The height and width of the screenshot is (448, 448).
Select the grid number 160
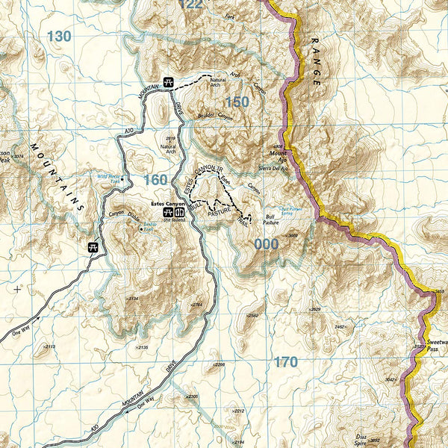(155, 180)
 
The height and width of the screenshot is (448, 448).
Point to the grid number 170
(285, 362)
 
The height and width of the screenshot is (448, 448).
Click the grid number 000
(266, 243)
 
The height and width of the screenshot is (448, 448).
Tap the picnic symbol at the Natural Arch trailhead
(169, 83)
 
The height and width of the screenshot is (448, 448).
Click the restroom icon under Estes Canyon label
(179, 211)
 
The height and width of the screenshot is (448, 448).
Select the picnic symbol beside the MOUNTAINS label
(93, 247)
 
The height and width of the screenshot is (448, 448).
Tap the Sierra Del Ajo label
(274, 168)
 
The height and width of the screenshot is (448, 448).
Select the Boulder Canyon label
(215, 117)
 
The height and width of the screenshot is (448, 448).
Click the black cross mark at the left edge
(18, 287)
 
